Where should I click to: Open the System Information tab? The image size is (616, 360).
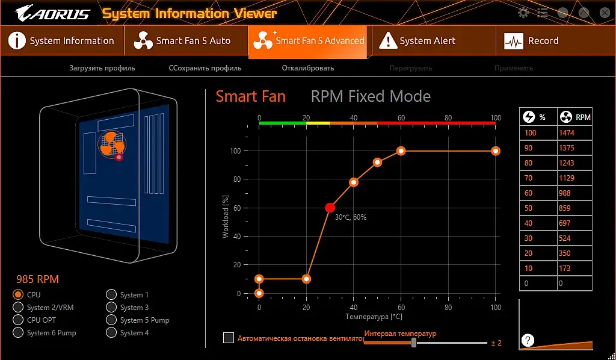(x=61, y=41)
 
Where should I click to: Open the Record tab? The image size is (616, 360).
(x=532, y=41)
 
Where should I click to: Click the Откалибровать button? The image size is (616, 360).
(x=307, y=68)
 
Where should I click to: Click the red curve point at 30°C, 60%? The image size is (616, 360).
(x=330, y=208)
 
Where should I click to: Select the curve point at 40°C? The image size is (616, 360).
(x=354, y=182)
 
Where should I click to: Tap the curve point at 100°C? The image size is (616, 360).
(x=496, y=151)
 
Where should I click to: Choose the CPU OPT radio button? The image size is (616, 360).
(x=18, y=320)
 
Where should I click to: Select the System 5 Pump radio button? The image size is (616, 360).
(x=111, y=320)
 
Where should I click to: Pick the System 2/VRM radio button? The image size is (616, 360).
(x=18, y=307)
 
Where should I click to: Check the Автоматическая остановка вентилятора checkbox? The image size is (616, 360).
(x=229, y=338)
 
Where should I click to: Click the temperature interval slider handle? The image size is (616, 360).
(x=414, y=343)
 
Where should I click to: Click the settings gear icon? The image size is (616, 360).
(x=523, y=13)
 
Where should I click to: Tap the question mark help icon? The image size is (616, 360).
(x=528, y=340)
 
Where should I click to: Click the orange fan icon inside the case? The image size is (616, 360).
(x=112, y=144)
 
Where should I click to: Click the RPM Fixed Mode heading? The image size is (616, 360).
(x=371, y=96)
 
